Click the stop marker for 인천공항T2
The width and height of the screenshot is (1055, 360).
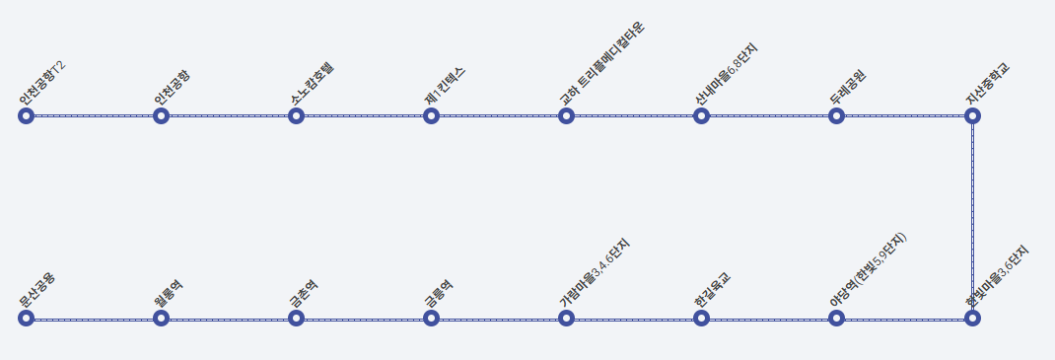(27, 116)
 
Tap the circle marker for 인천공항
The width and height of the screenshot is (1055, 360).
(162, 116)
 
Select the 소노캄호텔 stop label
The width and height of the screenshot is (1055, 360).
(313, 85)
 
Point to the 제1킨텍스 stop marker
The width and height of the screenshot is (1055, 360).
(431, 116)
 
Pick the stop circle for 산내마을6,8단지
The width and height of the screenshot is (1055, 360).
(701, 116)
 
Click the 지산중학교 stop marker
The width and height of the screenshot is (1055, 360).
(972, 116)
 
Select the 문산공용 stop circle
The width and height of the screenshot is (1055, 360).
(27, 318)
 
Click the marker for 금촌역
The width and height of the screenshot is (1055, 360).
(296, 318)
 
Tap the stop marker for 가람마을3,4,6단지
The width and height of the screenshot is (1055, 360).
(566, 318)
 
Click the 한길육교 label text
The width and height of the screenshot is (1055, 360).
(712, 292)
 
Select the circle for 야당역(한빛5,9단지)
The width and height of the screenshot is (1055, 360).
(836, 318)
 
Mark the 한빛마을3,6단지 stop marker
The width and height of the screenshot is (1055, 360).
(972, 318)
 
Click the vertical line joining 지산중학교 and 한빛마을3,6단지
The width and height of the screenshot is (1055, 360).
(972, 217)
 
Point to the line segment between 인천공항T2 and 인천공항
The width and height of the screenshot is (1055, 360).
(94, 116)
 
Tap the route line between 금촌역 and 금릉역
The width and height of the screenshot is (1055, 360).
(363, 319)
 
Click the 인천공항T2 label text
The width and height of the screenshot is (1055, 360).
(42, 85)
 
